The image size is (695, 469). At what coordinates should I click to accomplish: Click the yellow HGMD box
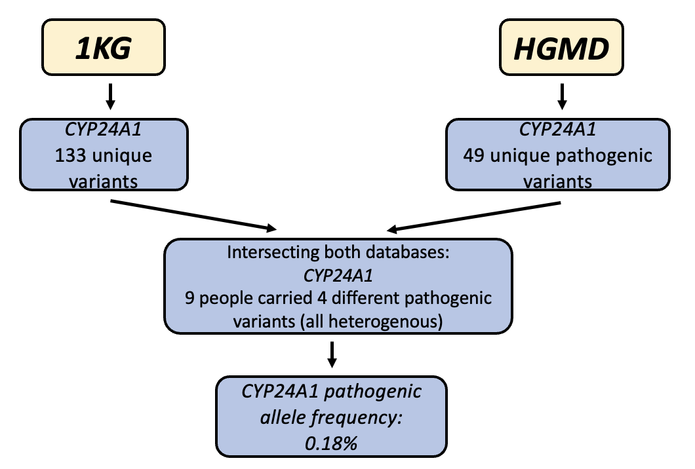coord(561,50)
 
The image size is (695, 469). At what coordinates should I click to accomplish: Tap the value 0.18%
coord(332,441)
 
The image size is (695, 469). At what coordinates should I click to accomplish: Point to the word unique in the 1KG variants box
coord(129,157)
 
